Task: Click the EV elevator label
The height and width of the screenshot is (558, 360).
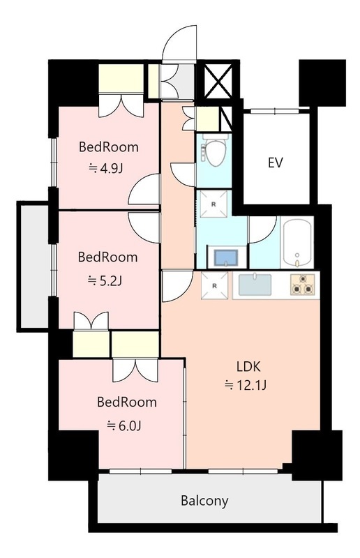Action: pyautogui.click(x=275, y=163)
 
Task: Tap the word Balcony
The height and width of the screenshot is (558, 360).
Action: pyautogui.click(x=204, y=501)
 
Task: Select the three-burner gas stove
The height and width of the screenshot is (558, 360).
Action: pyautogui.click(x=302, y=285)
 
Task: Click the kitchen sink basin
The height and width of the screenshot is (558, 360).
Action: pyautogui.click(x=255, y=285)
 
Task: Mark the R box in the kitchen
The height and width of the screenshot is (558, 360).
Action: pyautogui.click(x=214, y=286)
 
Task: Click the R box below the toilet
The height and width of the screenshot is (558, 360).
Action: pyautogui.click(x=213, y=204)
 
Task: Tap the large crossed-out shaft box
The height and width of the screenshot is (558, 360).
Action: pyautogui.click(x=218, y=80)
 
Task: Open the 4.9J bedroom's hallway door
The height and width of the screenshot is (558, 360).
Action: pyautogui.click(x=144, y=189)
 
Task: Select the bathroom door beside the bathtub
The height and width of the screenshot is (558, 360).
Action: pyautogui.click(x=263, y=229)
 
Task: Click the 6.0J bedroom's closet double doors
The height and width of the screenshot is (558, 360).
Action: pyautogui.click(x=135, y=370)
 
